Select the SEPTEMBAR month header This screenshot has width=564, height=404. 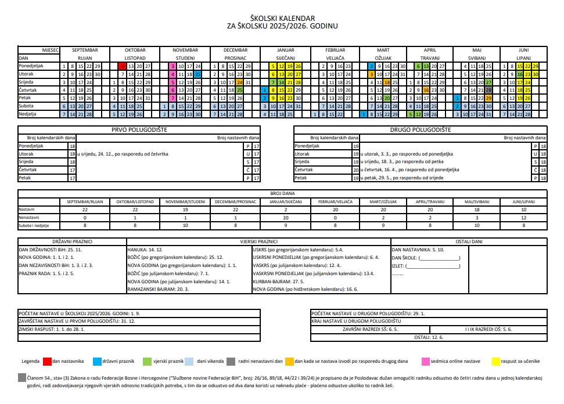point(85,50)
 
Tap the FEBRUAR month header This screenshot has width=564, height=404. point(335,50)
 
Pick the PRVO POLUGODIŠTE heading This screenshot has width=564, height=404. point(139,130)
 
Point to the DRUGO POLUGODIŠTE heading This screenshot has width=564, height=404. point(420,130)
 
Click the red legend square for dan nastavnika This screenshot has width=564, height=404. point(47,361)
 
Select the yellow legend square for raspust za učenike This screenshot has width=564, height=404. point(495,361)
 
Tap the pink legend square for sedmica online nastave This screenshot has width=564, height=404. point(426,361)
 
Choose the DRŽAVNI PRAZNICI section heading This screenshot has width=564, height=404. point(72,241)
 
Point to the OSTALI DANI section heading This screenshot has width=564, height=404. point(469,241)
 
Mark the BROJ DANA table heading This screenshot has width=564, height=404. point(282,193)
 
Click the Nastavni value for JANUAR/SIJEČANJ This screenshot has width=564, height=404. point(286,209)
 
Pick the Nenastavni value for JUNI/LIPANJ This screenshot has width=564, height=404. point(523,217)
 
